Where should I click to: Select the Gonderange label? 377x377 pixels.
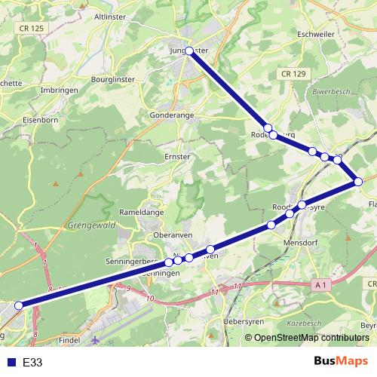(173, 115)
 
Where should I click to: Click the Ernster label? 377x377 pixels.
(177, 156)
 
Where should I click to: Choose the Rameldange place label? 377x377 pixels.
(135, 213)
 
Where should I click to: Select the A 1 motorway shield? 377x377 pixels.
(320, 284)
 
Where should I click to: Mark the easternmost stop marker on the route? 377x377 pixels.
(358, 182)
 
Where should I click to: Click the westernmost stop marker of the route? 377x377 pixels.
(19, 305)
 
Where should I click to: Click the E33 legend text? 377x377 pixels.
(32, 362)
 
